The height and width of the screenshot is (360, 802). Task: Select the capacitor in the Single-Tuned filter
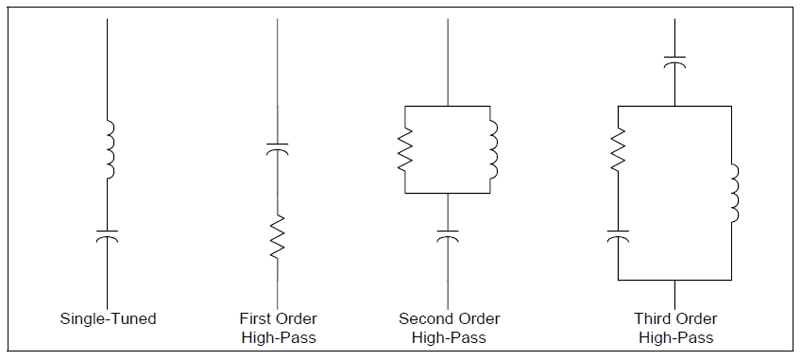(108, 233)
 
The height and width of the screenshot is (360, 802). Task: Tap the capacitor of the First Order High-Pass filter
(277, 148)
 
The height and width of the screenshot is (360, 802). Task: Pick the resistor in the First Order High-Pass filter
(277, 235)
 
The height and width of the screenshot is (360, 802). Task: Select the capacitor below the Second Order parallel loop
(448, 233)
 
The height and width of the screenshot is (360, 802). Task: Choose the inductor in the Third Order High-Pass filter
(733, 193)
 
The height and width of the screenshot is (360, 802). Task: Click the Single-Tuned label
(108, 319)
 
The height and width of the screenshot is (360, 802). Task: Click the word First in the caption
(256, 319)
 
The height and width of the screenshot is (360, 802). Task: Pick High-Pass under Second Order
(449, 337)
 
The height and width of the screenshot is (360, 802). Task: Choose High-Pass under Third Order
(675, 337)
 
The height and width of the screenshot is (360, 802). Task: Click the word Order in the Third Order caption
(698, 319)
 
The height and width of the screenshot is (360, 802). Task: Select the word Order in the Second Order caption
(477, 319)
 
